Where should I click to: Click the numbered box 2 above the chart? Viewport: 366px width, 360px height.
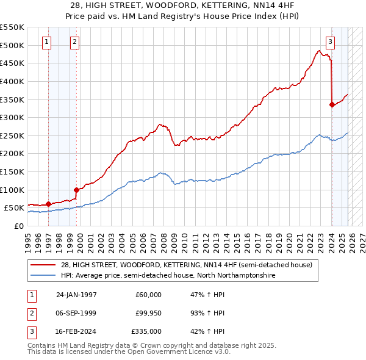click(74, 42)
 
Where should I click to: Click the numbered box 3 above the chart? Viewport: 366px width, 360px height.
click(330, 42)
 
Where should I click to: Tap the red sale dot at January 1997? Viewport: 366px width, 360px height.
click(48, 204)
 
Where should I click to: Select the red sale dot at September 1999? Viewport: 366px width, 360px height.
click(76, 190)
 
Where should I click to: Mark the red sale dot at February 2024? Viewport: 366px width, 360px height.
click(332, 104)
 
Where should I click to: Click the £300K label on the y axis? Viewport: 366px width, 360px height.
click(12, 117)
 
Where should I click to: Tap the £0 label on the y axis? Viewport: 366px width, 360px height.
click(18, 226)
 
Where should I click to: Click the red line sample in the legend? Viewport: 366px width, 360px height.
click(43, 265)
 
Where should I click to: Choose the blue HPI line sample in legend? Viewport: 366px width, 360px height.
click(43, 275)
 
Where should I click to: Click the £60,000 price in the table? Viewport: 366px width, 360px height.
click(148, 295)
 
